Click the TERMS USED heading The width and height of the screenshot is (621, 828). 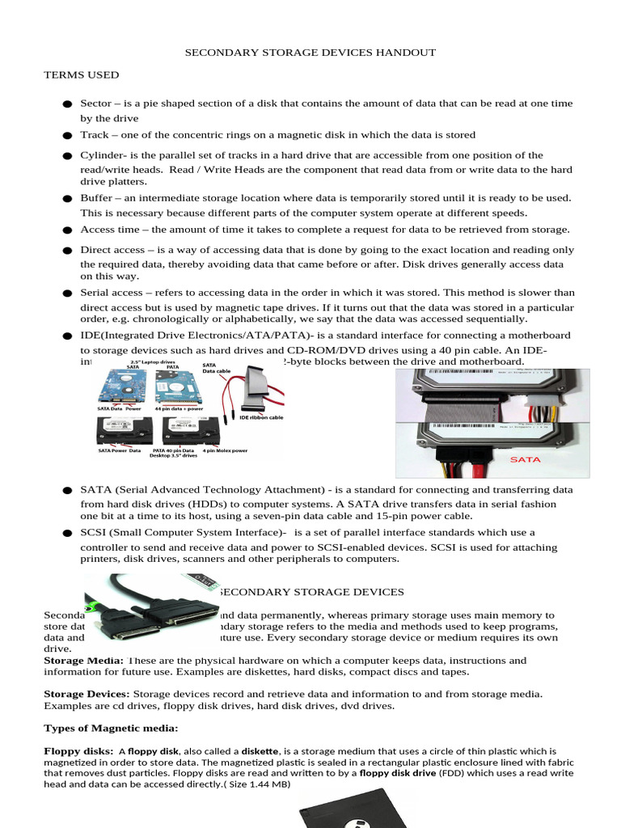81,75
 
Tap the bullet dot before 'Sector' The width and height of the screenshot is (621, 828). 67,105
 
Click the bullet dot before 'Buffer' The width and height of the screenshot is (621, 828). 67,199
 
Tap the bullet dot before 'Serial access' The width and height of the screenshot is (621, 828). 67,294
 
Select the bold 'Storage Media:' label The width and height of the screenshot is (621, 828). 83,661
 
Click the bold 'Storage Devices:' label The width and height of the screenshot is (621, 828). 87,694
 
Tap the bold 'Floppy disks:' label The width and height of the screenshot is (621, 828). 78,751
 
